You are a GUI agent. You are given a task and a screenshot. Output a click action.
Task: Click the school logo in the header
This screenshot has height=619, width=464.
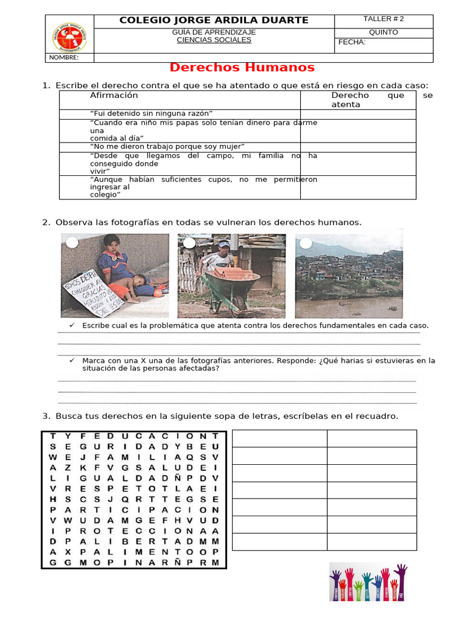click(69, 37)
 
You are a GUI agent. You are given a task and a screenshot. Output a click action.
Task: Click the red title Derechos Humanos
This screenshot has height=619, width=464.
click(242, 67)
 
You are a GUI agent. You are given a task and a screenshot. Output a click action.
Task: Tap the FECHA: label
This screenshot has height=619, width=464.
click(352, 42)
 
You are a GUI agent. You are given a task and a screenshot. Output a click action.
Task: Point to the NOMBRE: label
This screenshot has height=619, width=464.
click(64, 57)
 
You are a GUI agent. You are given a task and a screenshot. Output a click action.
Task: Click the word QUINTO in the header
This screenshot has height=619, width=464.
click(383, 32)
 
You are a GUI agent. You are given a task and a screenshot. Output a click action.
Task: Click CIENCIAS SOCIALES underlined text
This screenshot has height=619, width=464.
click(214, 40)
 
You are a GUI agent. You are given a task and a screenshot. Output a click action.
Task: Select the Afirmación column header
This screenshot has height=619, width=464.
click(114, 96)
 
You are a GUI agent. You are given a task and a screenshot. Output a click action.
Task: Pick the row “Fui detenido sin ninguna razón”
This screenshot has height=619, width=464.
click(151, 114)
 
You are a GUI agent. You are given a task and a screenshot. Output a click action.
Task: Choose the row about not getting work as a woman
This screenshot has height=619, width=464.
click(167, 146)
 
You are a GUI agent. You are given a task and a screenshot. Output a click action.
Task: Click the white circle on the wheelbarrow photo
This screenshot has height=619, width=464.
click(189, 243)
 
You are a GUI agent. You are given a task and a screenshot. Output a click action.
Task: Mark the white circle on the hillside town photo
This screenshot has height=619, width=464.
click(306, 243)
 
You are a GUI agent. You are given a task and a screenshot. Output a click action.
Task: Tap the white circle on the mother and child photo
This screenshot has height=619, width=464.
click(72, 243)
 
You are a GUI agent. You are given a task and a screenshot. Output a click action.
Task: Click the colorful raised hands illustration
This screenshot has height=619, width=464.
click(368, 582)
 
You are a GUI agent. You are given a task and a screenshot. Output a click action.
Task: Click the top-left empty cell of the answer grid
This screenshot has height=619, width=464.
click(280, 438)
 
